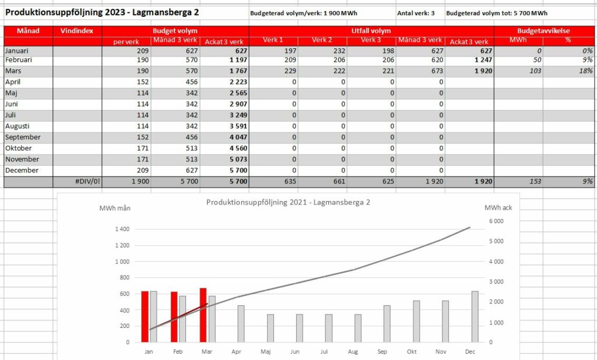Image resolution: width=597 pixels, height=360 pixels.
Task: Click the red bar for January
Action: [x=145, y=317]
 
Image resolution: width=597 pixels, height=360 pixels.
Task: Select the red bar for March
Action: [x=203, y=315]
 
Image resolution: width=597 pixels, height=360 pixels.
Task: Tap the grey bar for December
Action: [x=475, y=317]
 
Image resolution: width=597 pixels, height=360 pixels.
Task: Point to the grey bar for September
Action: [x=387, y=324]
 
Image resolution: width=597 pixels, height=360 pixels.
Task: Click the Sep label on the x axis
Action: [x=382, y=352]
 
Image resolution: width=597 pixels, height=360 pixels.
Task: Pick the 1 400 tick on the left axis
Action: [x=122, y=229]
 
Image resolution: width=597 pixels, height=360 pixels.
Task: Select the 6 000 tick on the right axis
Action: [x=496, y=221]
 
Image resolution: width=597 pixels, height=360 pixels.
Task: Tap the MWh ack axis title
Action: [x=498, y=208]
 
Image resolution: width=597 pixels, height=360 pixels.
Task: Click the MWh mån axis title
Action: [x=115, y=208]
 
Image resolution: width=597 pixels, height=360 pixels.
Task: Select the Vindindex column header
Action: [x=77, y=31]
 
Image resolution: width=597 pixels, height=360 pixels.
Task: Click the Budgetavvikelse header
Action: [x=543, y=31]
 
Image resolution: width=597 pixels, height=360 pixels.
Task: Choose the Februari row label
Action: [x=19, y=60]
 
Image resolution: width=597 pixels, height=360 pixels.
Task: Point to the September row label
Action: [x=23, y=137]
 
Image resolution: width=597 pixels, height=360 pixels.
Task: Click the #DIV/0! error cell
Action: [x=87, y=182]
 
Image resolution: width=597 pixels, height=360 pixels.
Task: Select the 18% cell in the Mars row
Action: [x=586, y=71]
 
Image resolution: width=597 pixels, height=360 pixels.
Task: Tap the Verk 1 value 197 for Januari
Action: [x=290, y=51]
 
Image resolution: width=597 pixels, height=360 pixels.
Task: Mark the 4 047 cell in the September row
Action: [x=238, y=137]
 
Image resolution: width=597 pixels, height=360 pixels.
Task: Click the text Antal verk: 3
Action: [x=416, y=13]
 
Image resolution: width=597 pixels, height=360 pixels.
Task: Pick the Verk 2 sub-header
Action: [x=322, y=40]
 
